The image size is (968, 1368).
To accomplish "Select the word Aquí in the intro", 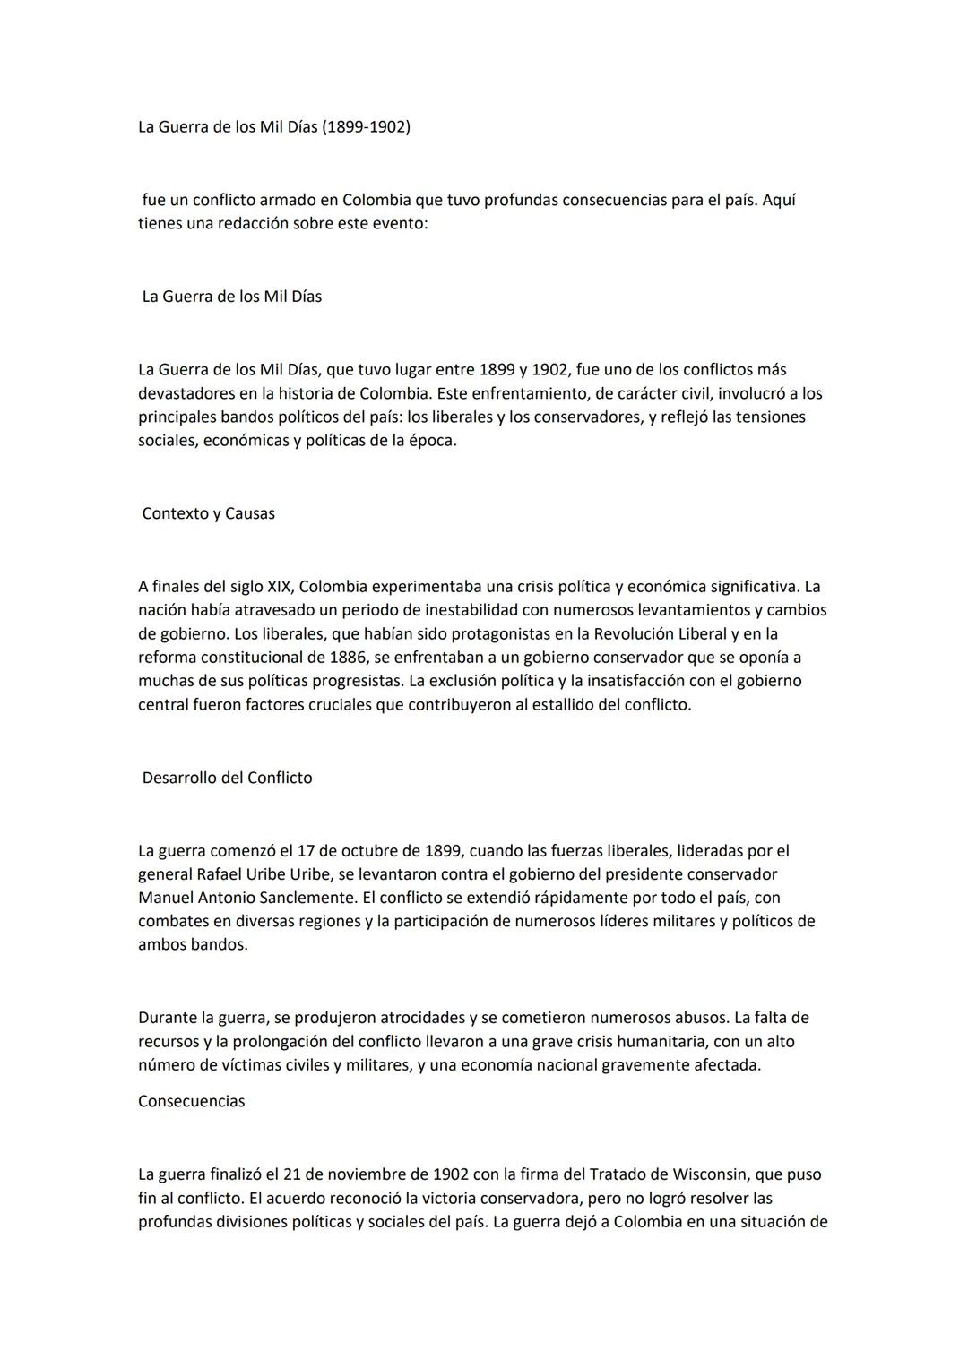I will click(779, 200).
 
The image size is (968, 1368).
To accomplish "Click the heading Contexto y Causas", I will click(208, 514).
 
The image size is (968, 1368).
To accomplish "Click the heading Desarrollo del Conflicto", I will click(227, 778).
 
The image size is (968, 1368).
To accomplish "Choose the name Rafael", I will click(220, 873).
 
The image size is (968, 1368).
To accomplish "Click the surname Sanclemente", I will click(298, 897).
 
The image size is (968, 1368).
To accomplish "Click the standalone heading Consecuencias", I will click(191, 1101).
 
